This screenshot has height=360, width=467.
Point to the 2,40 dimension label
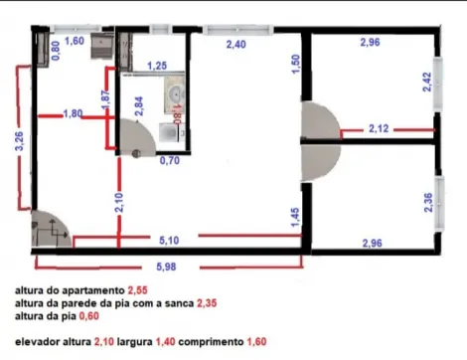pos(236,46)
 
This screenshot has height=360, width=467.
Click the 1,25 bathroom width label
pos(156,66)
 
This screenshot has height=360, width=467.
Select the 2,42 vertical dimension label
pos(427,83)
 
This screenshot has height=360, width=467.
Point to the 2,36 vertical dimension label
pos(427,203)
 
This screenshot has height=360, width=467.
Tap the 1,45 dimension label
pos(295,219)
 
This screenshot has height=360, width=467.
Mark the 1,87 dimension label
pos(104,100)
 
